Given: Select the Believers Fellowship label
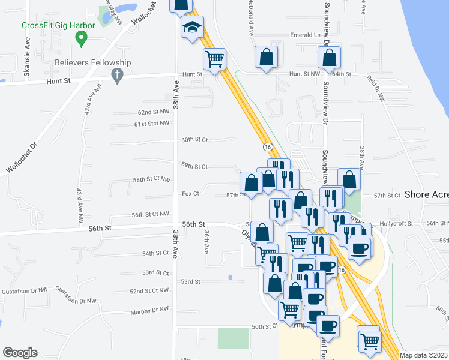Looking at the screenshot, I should coord(92,62).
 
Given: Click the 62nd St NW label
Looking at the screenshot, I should coord(154,112).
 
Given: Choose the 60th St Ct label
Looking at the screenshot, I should coord(194,140).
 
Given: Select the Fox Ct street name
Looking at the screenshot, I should coord(190,194).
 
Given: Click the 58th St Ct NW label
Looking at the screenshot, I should coord(152,179).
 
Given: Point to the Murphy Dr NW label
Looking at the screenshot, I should coord(150,310).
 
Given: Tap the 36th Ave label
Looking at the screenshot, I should coord(206,240).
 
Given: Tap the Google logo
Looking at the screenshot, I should coord(20,353).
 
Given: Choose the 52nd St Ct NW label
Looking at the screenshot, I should coord(150,291).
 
